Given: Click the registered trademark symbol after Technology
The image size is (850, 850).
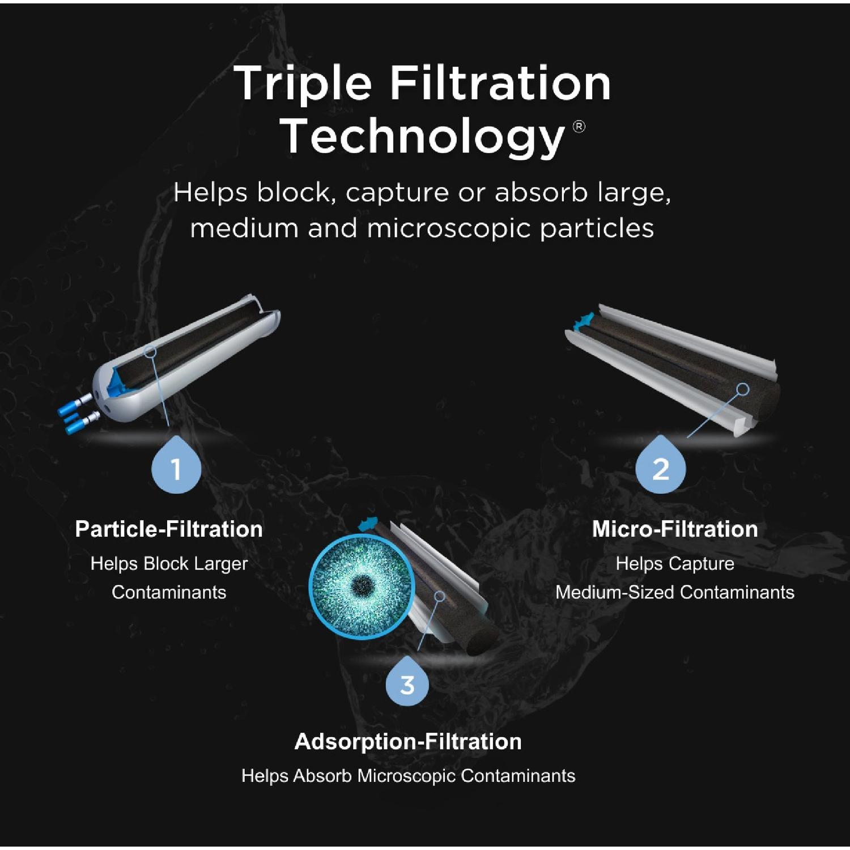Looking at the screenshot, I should pos(579,126).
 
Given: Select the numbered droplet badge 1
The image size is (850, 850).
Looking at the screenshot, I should pos(176,467).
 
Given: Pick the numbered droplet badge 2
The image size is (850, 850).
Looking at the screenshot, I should pos(660,467).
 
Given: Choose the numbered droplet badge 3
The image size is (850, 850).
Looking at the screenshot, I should pos(407,683).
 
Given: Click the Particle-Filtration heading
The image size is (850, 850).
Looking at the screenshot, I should pos(169,529).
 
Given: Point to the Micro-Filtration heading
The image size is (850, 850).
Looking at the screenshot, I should pos(675,529).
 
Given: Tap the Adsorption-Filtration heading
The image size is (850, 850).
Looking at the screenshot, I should pos(408,742).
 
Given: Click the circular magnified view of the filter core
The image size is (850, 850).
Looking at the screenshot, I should pos(362,586).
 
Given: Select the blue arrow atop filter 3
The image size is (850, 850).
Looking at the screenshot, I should pos(368,523).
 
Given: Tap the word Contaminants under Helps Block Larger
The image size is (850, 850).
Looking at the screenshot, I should pos(169,592).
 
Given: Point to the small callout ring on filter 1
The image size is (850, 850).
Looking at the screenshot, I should pos(150,352).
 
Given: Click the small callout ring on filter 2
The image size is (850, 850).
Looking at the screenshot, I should pos(742,389).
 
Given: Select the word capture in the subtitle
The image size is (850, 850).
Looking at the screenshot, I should pos(398,193).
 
